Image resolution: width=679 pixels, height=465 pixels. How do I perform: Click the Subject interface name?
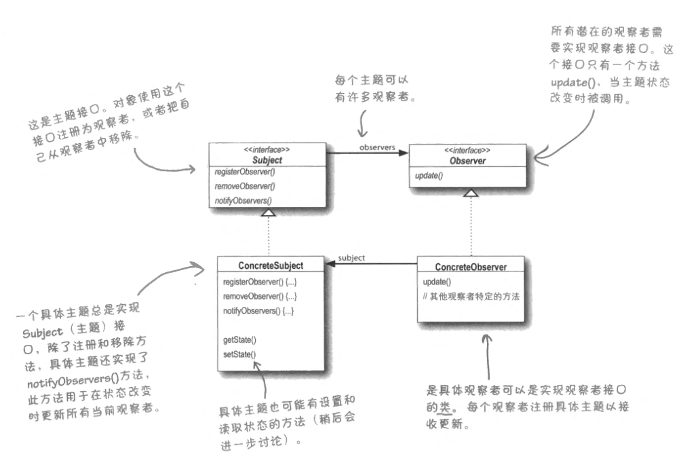[267, 160]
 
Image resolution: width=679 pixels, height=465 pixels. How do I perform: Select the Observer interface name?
[467, 160]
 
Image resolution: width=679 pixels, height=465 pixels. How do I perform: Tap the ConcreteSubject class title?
[271, 265]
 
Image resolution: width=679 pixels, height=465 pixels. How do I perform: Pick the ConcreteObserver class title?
[470, 267]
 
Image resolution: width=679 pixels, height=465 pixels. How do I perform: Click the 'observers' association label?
[378, 147]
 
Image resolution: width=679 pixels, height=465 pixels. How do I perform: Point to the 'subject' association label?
[351, 258]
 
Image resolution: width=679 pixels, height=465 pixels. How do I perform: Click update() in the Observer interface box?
[429, 176]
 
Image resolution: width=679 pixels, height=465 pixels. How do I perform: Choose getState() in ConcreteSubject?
[239, 339]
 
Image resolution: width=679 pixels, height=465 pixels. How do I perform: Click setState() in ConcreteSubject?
[239, 354]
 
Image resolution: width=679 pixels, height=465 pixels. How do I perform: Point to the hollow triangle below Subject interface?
[269, 213]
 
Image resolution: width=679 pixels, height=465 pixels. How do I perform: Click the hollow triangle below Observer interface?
[470, 193]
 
